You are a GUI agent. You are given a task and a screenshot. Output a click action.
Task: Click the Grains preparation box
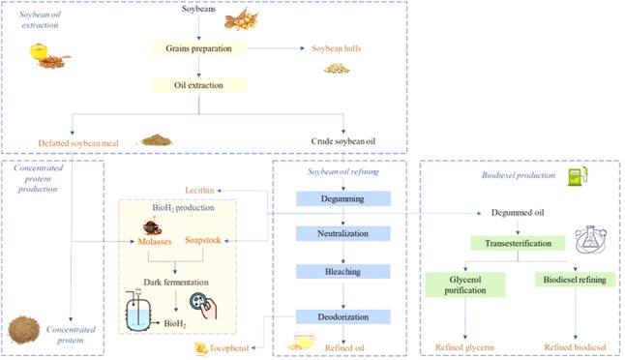tap(199, 48)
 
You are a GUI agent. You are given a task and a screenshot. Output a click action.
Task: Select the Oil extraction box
tap(199, 85)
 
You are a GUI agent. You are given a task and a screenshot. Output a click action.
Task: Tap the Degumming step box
tap(343, 198)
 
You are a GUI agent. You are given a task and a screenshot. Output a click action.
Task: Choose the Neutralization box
tap(343, 233)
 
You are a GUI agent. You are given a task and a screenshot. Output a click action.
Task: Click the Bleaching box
tap(343, 272)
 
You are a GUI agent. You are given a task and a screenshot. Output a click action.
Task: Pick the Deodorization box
tap(343, 317)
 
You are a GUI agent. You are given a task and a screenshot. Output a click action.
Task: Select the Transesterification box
tap(518, 243)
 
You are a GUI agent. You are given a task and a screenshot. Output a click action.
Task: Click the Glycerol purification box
tap(465, 285)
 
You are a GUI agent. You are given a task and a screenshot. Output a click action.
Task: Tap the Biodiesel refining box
tap(575, 280)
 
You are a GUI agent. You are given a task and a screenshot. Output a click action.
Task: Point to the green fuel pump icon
tap(578, 176)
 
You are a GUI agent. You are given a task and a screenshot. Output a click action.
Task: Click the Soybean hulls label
tap(337, 48)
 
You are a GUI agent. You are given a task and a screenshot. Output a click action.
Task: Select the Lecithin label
tap(199, 191)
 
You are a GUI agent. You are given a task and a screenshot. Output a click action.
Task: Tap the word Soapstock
tap(203, 240)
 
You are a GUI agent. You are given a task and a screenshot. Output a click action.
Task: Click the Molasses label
tap(155, 242)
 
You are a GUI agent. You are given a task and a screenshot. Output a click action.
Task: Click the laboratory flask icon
tap(591, 239)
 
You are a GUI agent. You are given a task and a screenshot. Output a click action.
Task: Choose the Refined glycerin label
tap(464, 347)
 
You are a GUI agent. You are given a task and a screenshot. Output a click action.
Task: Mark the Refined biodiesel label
tap(576, 347)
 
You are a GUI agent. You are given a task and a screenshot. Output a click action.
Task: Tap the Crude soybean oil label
tap(343, 141)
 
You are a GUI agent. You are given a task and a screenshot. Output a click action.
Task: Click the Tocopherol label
tap(229, 348)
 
